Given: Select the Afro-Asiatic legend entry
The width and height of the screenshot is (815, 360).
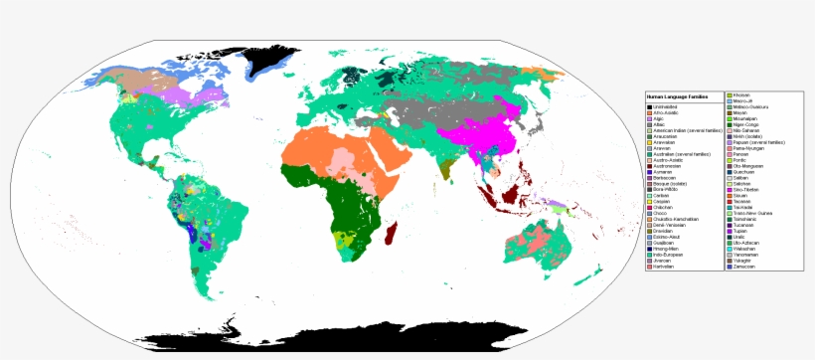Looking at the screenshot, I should pyautogui.click(x=663, y=112).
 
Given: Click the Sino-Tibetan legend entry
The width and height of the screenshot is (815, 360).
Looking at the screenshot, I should pyautogui.click(x=744, y=189).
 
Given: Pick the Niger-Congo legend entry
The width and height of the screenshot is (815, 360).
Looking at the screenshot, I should pyautogui.click(x=744, y=124).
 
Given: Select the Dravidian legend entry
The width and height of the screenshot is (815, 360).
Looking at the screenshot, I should pyautogui.click(x=664, y=231).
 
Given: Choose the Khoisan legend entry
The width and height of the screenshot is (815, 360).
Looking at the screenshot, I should pyautogui.click(x=741, y=94).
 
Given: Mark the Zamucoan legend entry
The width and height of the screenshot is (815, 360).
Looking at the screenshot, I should pyautogui.click(x=743, y=267).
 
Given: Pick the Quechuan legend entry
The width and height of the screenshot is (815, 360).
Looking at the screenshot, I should pyautogui.click(x=743, y=171).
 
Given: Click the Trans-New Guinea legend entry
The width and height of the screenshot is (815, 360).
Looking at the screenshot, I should pyautogui.click(x=751, y=213).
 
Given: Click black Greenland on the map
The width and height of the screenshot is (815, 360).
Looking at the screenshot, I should pyautogui.click(x=263, y=55).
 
